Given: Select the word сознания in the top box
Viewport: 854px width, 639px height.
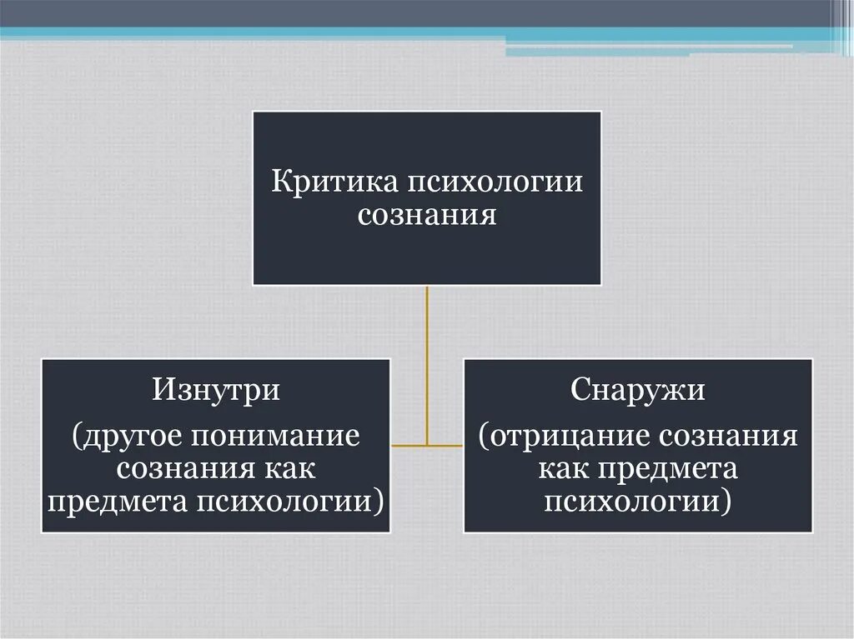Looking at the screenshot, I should click(x=427, y=216).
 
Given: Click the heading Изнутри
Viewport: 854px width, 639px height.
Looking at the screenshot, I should click(x=215, y=390).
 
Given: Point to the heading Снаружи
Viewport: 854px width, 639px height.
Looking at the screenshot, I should click(x=638, y=390).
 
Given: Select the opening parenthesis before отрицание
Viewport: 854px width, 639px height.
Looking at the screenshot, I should click(x=484, y=436).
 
